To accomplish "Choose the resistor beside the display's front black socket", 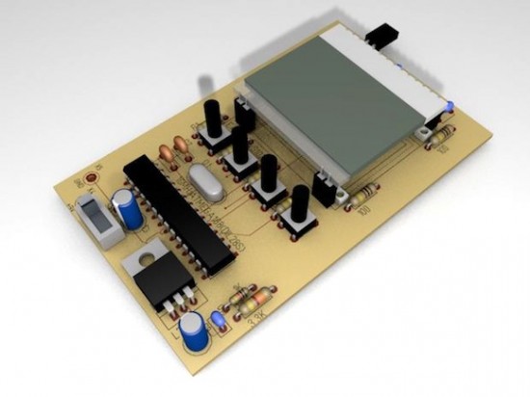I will tap(360, 197).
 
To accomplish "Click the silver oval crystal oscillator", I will tap(203, 179).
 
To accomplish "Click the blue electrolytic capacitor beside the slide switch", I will tap(128, 209).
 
